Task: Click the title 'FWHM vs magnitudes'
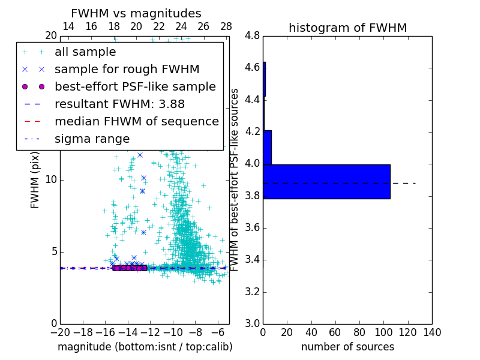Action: tap(136, 13)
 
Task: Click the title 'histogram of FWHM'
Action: tap(347, 28)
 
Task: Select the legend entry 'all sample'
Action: tap(85, 52)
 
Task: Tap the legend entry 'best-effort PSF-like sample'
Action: tap(135, 87)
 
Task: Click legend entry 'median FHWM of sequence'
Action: tap(136, 122)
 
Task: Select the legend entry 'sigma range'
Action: tap(92, 139)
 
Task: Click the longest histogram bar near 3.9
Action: tap(326, 181)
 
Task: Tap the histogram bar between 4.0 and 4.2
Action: tap(267, 147)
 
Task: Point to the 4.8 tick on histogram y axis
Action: tap(252, 36)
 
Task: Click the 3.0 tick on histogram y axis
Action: tap(252, 324)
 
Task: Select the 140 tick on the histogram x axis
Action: tap(432, 332)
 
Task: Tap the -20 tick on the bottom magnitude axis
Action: tap(60, 332)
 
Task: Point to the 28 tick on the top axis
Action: tap(226, 26)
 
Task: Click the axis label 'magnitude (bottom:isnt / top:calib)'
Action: tap(145, 347)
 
